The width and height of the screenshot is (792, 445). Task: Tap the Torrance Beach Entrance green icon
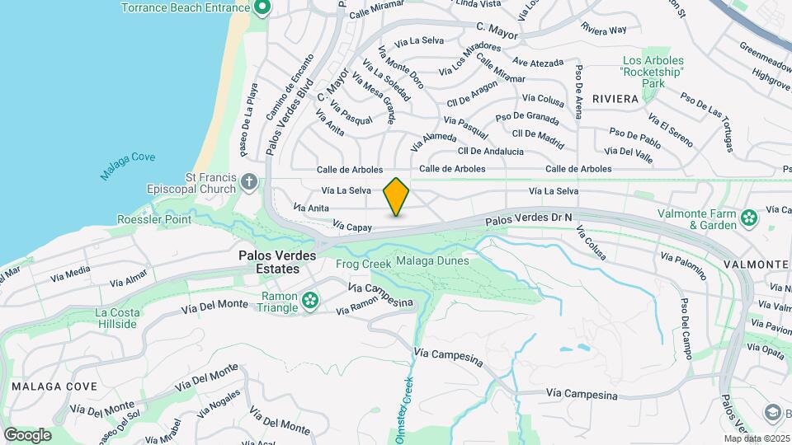[x=262, y=8]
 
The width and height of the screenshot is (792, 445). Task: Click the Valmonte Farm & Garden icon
[x=749, y=218]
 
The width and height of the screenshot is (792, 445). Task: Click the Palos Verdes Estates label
[x=277, y=262]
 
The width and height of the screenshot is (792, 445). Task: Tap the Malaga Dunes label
[x=432, y=261]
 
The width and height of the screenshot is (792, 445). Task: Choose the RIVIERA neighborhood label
[x=615, y=99]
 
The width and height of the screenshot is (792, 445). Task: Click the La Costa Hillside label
[x=115, y=318]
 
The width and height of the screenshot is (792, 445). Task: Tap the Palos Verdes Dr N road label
[x=529, y=218]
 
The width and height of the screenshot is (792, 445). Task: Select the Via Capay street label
[x=353, y=225]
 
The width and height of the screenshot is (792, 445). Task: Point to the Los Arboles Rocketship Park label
[x=653, y=73]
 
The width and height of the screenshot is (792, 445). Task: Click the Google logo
[x=27, y=434]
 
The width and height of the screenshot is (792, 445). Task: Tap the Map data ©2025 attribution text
[x=757, y=438]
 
